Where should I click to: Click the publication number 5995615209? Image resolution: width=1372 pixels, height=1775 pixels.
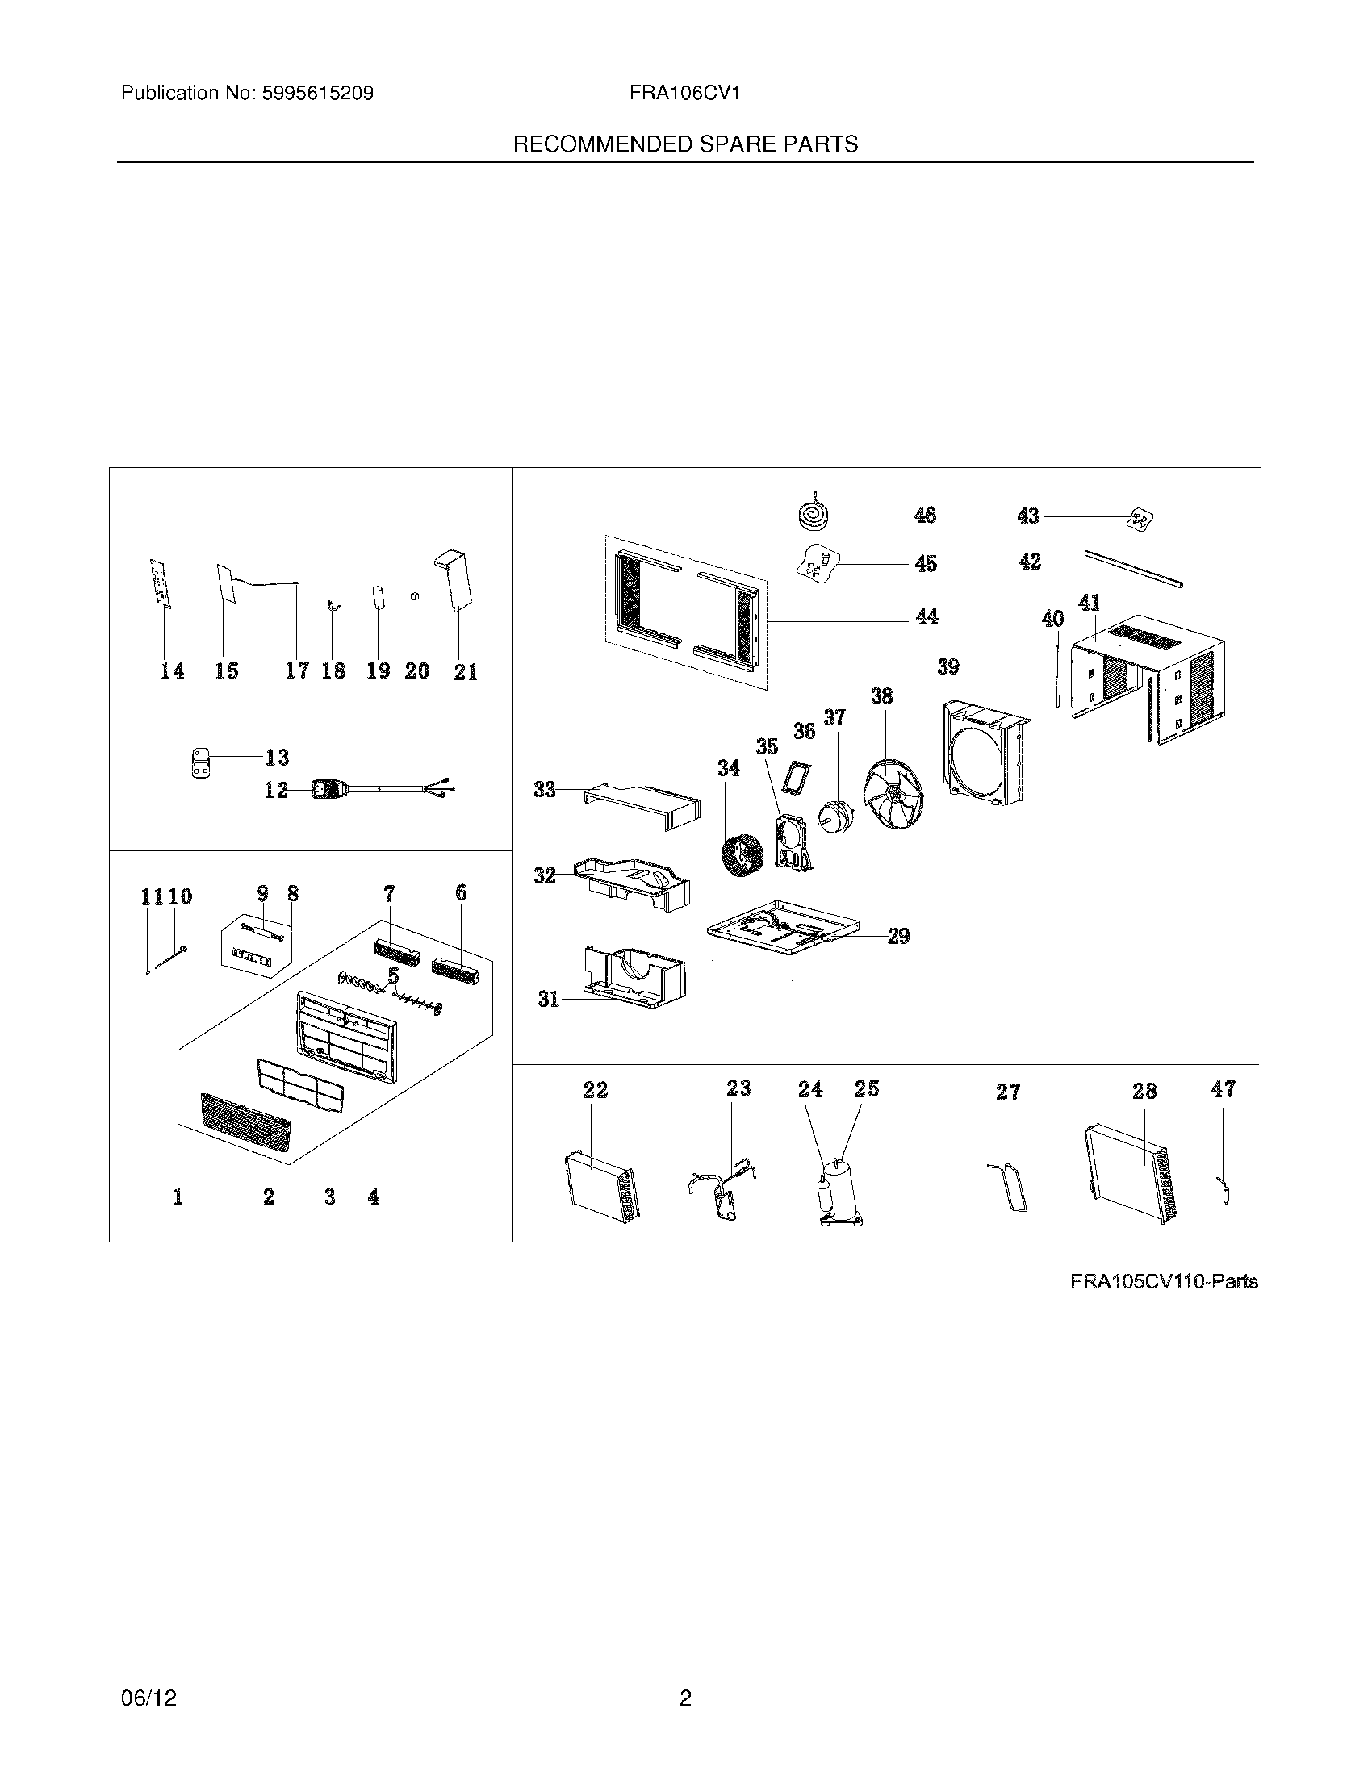317,94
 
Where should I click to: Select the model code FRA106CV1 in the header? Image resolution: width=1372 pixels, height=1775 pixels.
684,94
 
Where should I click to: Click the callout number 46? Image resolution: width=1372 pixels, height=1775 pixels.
925,516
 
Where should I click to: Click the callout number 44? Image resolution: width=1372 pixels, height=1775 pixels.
927,617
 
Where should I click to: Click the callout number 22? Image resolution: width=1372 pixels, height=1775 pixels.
596,1090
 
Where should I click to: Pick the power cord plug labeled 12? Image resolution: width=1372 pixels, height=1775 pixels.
328,787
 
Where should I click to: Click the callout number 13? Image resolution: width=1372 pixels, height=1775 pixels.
277,758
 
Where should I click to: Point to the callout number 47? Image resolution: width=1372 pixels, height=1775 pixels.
1224,1089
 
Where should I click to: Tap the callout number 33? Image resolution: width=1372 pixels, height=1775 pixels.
545,788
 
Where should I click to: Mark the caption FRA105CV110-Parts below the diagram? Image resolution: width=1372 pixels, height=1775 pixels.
1164,1282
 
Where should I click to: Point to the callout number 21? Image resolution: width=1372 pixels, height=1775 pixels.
466,672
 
